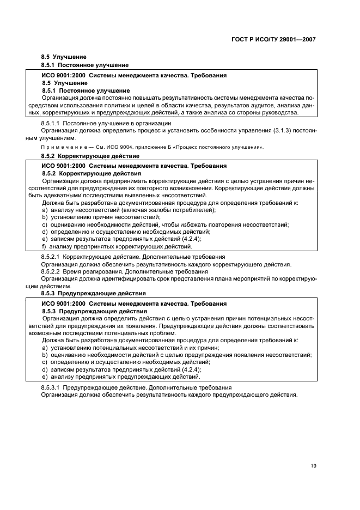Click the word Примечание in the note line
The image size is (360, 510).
(x=60, y=147)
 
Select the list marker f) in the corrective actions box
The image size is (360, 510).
(x=45, y=246)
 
